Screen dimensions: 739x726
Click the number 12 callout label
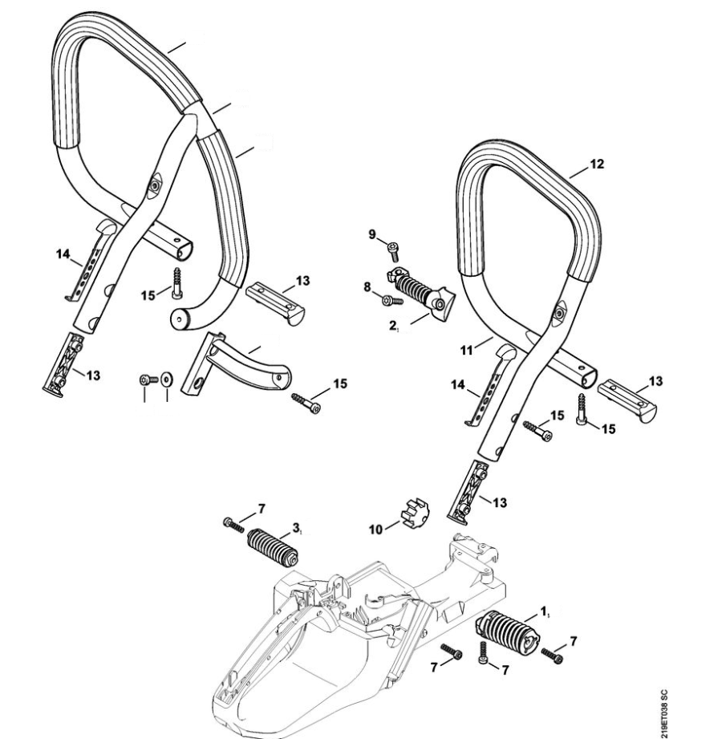[596, 164]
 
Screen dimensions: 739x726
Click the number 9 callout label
[372, 234]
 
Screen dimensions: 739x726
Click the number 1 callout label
[545, 612]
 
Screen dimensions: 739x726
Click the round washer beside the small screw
[166, 378]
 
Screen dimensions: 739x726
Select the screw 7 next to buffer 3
[232, 525]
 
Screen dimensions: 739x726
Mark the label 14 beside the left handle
[63, 254]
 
